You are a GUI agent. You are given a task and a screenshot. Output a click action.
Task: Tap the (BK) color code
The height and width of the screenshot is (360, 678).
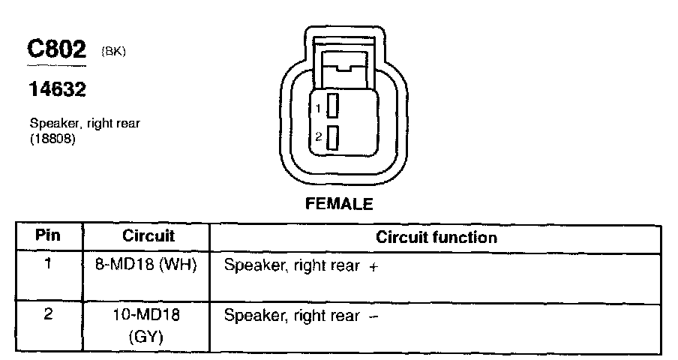(x=112, y=52)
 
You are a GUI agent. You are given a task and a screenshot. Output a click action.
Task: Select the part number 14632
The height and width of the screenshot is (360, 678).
(x=57, y=90)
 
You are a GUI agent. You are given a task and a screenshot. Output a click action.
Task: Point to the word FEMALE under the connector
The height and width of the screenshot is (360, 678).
(x=339, y=204)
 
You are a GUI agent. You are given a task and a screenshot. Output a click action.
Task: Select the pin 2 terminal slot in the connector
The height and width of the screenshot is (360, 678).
(x=333, y=136)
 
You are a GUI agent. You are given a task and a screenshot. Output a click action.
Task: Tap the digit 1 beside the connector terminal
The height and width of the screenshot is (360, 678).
(x=318, y=109)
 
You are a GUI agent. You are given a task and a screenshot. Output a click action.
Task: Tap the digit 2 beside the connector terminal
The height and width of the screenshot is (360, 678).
(x=318, y=136)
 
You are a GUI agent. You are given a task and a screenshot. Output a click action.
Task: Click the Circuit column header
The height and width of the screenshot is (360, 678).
(x=148, y=236)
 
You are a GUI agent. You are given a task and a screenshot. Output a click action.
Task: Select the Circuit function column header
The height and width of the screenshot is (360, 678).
(x=436, y=238)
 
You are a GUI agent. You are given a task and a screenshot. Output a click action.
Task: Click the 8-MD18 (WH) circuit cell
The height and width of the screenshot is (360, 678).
(x=148, y=265)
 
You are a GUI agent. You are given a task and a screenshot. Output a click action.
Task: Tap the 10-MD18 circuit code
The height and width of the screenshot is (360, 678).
(x=148, y=316)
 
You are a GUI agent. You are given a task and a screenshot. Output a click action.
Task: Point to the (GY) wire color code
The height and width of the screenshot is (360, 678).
(x=148, y=337)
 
